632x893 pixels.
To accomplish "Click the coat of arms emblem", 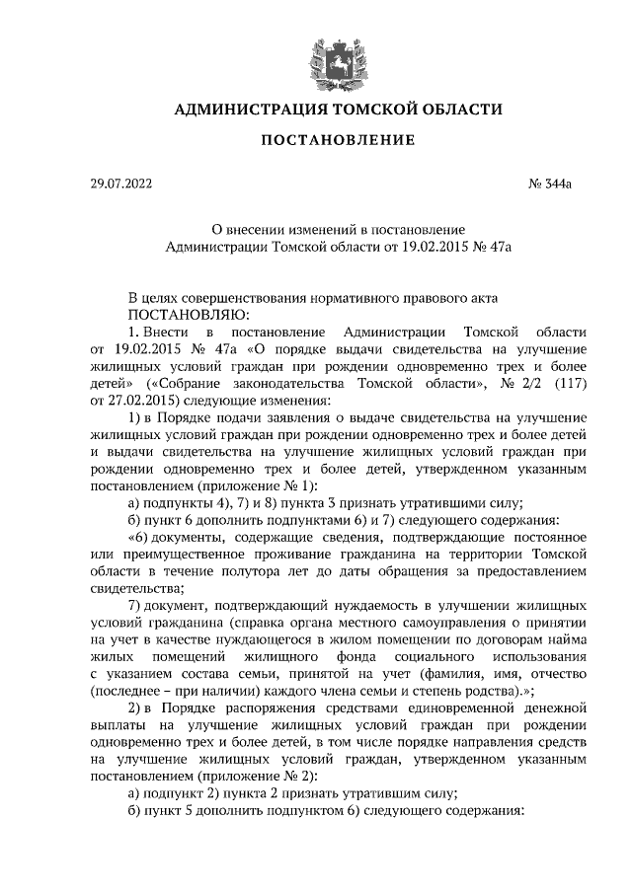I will point(330,58).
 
